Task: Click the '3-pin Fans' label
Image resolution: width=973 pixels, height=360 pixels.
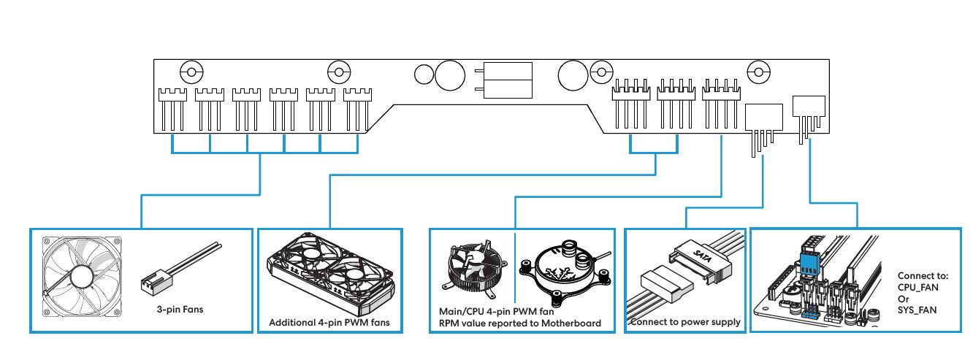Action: (x=180, y=309)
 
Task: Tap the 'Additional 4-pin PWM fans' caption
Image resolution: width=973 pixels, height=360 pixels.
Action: (x=329, y=322)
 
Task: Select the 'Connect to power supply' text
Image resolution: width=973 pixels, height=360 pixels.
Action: (x=685, y=322)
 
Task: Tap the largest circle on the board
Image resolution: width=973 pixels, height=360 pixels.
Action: (x=450, y=74)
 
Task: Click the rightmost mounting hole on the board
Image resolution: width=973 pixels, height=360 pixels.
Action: (x=760, y=72)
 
